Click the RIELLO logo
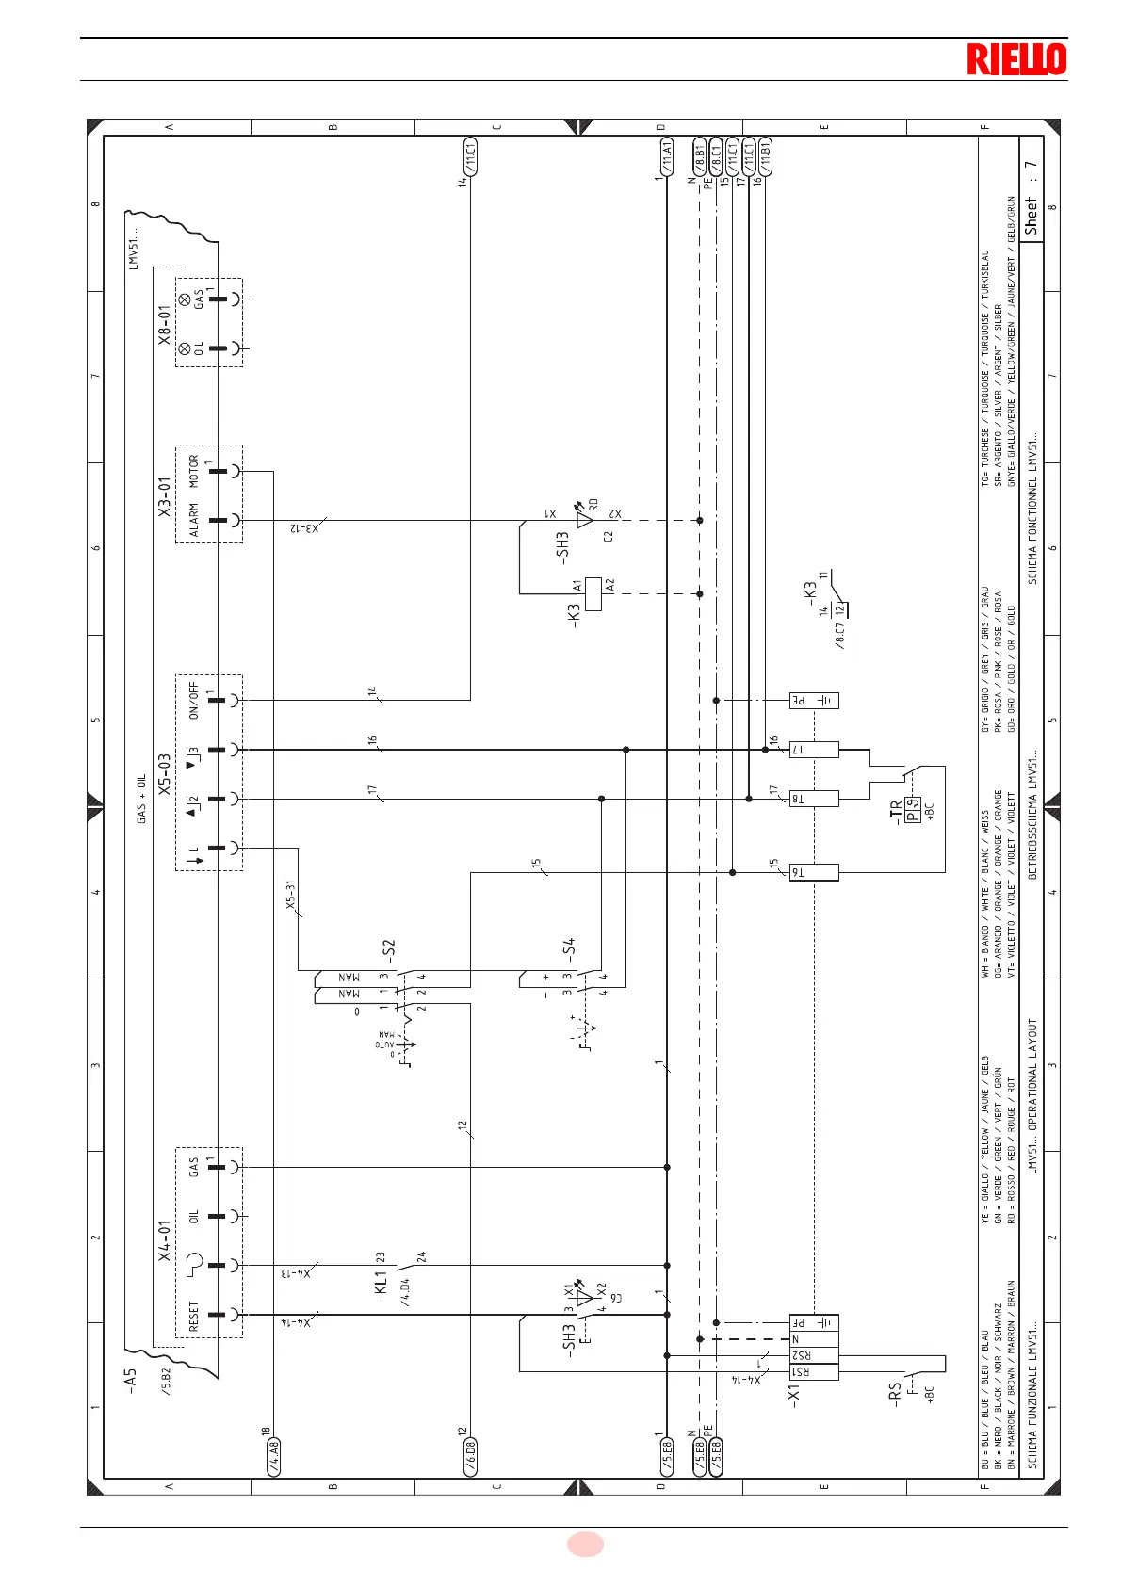1015,59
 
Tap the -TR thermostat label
895,812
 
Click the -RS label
895,1391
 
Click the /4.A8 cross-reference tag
274,1456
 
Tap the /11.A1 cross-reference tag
667,156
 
